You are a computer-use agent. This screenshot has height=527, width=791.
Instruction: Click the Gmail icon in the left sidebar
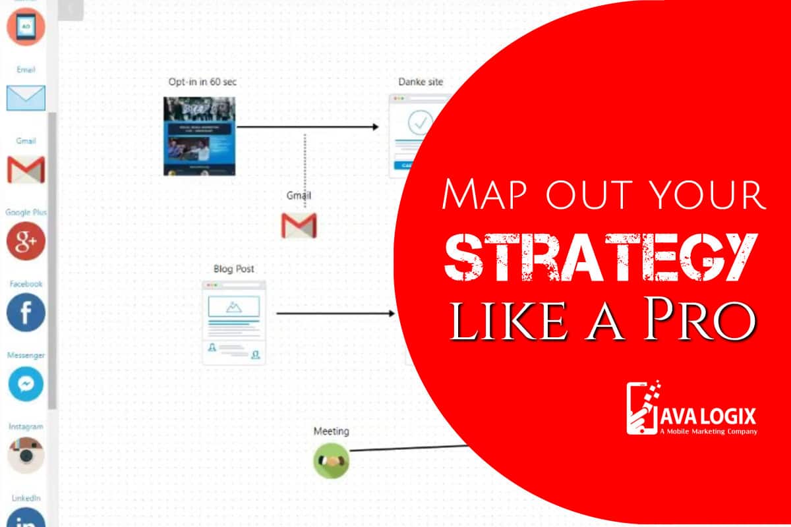tap(26, 169)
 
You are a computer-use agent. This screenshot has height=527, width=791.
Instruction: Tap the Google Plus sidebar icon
tap(26, 241)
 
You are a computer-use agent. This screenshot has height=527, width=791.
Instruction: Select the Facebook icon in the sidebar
tap(26, 312)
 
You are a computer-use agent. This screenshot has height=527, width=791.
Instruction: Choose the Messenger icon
tap(26, 384)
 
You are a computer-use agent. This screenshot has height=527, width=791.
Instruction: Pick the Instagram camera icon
tap(26, 455)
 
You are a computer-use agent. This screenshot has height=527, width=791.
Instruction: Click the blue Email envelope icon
tap(26, 97)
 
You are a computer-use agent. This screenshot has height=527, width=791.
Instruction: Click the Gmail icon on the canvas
tap(299, 225)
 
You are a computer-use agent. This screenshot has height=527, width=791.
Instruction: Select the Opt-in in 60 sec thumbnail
tap(199, 136)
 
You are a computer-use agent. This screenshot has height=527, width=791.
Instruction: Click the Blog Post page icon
tap(234, 321)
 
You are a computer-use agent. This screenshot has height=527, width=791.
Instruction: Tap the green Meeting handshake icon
tap(331, 460)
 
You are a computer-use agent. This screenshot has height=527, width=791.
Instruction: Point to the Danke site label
tap(421, 82)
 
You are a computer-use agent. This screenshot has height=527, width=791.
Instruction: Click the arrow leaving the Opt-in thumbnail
tap(307, 127)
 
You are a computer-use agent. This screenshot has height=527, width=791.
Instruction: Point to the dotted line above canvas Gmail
tap(305, 168)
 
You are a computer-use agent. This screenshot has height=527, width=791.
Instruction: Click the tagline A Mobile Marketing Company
tap(708, 431)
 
